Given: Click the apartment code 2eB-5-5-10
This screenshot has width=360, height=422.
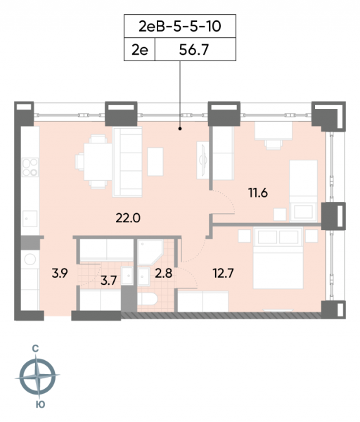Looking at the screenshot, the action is point(180,27).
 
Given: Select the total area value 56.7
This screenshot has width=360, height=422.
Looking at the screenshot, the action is point(194,50).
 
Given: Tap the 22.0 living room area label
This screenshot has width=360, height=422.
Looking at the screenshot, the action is point(128,218).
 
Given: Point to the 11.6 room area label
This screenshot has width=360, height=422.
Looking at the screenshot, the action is point(258,193).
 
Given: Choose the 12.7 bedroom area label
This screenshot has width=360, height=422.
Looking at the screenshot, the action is point(224,273).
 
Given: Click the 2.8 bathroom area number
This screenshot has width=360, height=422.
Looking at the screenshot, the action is point(164,273).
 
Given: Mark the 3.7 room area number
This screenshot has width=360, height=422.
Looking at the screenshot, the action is point(108,281).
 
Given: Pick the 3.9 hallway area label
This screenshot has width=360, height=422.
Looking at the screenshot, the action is point(60,273).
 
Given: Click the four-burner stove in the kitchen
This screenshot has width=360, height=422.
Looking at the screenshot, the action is point(30,167).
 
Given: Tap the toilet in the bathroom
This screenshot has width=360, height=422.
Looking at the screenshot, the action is point(147,299).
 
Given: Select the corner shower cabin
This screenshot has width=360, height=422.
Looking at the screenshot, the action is point(150,252).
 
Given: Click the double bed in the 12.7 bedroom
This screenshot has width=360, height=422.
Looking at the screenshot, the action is point(278,258).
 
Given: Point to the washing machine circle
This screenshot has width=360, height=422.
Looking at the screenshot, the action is point(30,260).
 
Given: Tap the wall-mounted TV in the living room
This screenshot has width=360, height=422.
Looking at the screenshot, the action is point(202,160).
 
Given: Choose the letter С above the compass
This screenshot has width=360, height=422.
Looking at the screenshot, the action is point(35,349).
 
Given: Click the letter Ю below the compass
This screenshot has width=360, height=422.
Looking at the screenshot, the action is point(40,404).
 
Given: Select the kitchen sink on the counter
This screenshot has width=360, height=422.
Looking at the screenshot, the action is point(30,219).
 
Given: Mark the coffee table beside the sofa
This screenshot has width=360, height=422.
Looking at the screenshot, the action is point(155,162).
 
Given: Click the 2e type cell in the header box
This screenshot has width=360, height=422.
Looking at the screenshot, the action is point(139,49).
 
